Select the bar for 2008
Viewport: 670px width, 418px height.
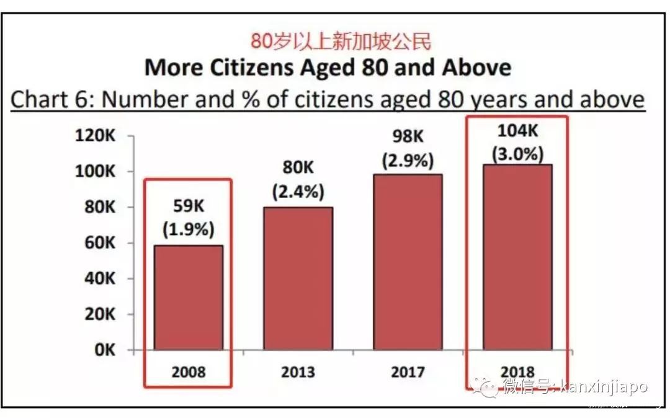189,298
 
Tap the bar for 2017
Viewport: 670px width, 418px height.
408,262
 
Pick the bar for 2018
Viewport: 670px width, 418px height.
517,257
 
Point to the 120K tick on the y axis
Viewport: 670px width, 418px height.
95,136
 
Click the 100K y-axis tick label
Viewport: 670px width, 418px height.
95,172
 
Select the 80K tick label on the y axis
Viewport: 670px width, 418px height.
99,207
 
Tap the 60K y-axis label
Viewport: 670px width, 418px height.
99,243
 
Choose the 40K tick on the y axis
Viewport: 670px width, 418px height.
99,279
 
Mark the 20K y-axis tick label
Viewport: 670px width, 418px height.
99,314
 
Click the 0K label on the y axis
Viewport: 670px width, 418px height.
103,350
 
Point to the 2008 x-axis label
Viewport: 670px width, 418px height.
189,372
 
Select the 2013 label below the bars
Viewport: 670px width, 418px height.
298,372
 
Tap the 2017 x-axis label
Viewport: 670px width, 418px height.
408,372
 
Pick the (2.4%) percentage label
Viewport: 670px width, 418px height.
298,192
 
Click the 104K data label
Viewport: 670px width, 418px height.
517,132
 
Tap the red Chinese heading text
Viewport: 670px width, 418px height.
341,42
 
